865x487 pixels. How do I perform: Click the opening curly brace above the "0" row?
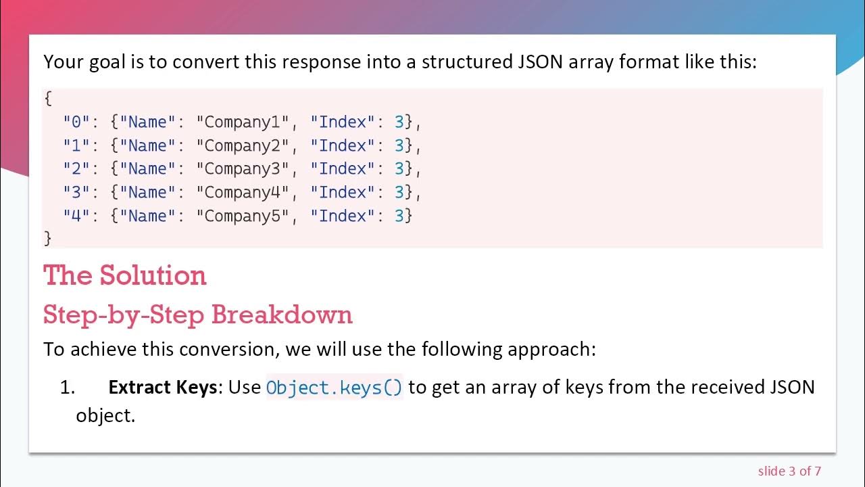48,99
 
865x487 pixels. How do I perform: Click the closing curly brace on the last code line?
48,239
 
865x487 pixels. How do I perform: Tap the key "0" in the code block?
76,122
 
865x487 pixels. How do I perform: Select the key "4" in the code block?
76,216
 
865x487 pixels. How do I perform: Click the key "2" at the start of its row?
76,169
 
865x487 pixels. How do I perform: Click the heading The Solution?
125,275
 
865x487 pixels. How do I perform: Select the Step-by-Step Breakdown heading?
198,315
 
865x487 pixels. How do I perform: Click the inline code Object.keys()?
335,388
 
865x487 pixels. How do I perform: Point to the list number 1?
67,388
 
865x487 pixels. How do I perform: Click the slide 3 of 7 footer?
789,471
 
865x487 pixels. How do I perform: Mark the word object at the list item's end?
105,415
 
